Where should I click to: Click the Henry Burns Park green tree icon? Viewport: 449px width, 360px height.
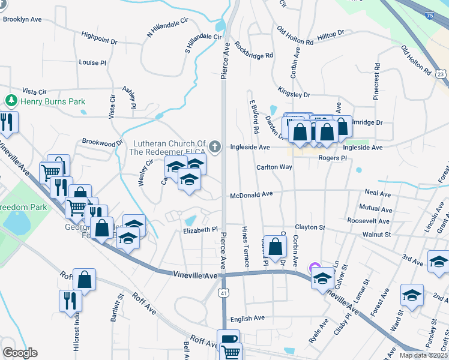pyautogui.click(x=11, y=101)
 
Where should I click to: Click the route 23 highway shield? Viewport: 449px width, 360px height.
pyautogui.click(x=441, y=74)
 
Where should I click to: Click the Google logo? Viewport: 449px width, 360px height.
pyautogui.click(x=20, y=353)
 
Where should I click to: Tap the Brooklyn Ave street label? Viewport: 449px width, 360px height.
pyautogui.click(x=22, y=19)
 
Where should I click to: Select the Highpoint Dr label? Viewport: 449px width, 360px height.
pyautogui.click(x=100, y=40)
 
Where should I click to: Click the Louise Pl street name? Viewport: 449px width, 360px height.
pyautogui.click(x=92, y=62)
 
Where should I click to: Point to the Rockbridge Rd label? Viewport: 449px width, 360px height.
pyautogui.click(x=254, y=50)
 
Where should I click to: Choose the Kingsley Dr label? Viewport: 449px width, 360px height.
pyautogui.click(x=294, y=94)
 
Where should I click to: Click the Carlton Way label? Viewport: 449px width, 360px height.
pyautogui.click(x=274, y=167)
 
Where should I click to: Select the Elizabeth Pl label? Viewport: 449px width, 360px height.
pyautogui.click(x=200, y=230)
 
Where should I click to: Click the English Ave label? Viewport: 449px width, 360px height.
pyautogui.click(x=247, y=318)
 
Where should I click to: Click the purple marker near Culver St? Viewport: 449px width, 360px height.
pyautogui.click(x=314, y=269)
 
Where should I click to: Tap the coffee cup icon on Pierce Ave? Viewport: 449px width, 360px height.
pyautogui.click(x=228, y=338)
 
